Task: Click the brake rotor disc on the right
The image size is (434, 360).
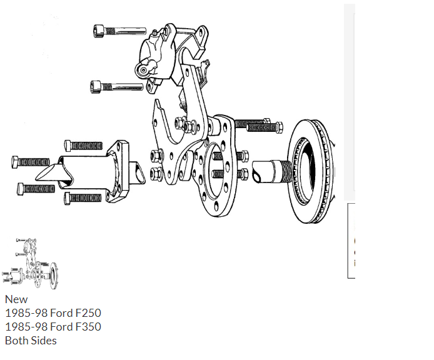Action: pyautogui.click(x=310, y=171)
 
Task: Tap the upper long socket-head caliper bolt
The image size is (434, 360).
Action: pyautogui.click(x=119, y=31)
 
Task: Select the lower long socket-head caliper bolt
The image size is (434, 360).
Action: pyautogui.click(x=116, y=87)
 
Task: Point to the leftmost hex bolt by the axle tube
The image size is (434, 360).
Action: pyautogui.click(x=31, y=162)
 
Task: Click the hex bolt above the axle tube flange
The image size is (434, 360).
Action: pyautogui.click(x=83, y=146)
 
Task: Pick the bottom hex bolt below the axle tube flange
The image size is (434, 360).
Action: pyautogui.click(x=83, y=198)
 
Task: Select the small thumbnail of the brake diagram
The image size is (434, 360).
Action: pyautogui.click(x=30, y=263)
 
